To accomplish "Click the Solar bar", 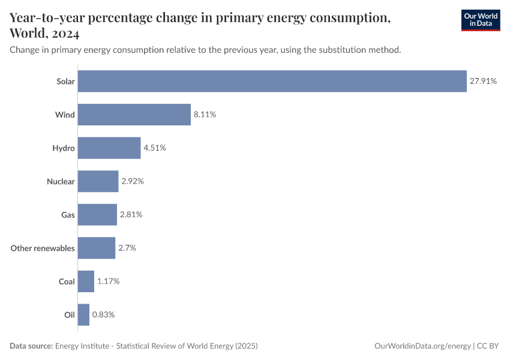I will (272, 81).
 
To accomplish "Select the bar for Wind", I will (134, 114).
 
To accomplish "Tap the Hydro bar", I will (109, 148).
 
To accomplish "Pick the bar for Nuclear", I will (98, 181).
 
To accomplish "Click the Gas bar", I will (97, 214).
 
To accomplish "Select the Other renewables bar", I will (96, 248).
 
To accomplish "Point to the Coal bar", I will (86, 281).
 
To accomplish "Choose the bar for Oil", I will (83, 314).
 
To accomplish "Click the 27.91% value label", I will (483, 81).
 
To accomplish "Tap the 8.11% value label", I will (205, 114).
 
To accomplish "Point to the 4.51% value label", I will (154, 148).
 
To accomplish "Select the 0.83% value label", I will (103, 314).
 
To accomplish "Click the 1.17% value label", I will (108, 281).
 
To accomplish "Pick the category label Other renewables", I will (43, 248).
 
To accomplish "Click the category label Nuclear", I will (61, 181).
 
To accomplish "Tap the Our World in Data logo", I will (480, 20).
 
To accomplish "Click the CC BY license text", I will (488, 346).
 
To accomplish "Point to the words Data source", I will (31, 346).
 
